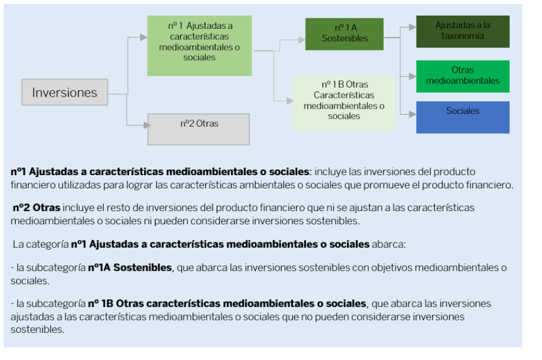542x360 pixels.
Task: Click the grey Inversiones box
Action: (x=64, y=93)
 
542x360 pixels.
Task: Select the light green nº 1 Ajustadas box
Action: (x=199, y=46)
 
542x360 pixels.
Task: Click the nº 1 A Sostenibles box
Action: (x=344, y=34)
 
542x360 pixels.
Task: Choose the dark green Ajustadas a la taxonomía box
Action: (x=463, y=31)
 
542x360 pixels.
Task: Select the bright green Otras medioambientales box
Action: (x=463, y=76)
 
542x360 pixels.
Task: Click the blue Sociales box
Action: (x=463, y=117)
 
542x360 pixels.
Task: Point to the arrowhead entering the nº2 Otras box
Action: (x=144, y=125)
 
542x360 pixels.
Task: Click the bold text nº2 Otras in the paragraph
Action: (x=37, y=208)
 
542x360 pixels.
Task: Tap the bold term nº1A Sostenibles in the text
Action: (x=130, y=267)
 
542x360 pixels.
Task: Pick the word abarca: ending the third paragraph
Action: (x=389, y=244)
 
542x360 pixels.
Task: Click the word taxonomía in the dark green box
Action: (x=463, y=35)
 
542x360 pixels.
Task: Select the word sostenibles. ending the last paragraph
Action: (x=37, y=329)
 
